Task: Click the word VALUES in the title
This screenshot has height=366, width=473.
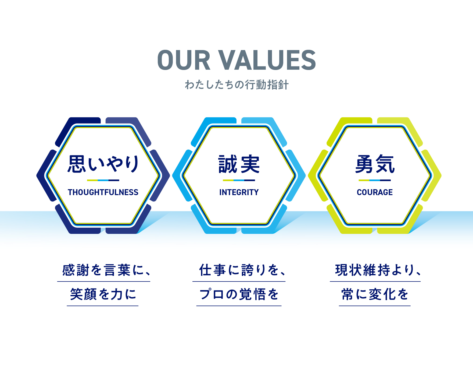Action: (267, 60)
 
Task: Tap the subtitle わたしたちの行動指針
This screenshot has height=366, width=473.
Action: (237, 85)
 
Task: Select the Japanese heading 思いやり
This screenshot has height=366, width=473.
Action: (103, 164)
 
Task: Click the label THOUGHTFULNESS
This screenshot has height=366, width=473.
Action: (103, 192)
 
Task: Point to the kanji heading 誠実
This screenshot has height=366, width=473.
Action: (239, 164)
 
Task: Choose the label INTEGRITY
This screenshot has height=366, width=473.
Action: (239, 192)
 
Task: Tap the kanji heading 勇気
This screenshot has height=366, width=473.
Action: (375, 164)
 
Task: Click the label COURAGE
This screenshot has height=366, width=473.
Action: (375, 192)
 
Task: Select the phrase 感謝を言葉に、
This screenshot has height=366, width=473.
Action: (106, 270)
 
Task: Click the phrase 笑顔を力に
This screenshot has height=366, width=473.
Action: (103, 294)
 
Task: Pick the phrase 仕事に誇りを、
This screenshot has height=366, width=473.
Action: (242, 270)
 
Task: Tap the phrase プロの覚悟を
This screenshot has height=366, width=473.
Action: (239, 294)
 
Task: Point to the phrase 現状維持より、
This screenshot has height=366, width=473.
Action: (378, 270)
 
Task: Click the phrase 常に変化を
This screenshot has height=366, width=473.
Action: (375, 294)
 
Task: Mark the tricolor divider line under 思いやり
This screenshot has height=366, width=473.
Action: (103, 180)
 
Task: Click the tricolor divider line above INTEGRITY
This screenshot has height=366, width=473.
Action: (239, 180)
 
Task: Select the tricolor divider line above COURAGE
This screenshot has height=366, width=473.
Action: (375, 180)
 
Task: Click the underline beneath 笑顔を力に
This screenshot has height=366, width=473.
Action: (103, 306)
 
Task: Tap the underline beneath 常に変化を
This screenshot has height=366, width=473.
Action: (375, 306)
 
